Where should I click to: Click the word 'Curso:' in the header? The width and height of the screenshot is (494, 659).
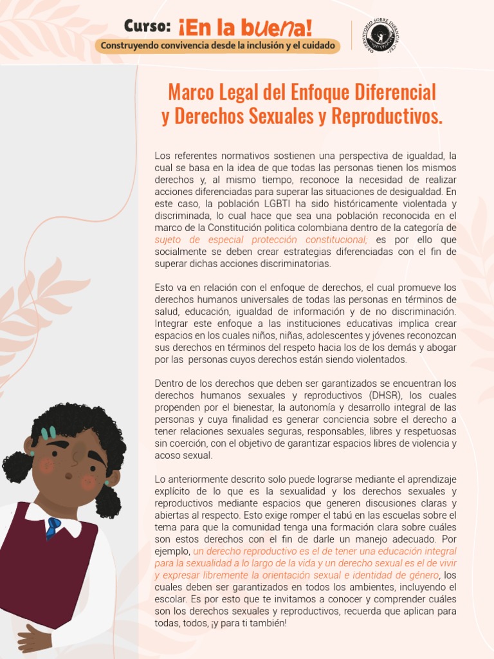coord(147,26)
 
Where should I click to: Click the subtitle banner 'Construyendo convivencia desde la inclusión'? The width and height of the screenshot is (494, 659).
coord(217,46)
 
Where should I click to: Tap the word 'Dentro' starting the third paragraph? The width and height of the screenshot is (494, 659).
coord(169,384)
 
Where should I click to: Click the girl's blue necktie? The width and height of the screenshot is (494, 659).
coord(53,527)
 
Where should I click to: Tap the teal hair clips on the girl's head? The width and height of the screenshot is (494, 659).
coord(48,433)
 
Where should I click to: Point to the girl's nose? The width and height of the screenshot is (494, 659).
coord(73,459)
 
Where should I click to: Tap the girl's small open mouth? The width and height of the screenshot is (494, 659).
coord(68,476)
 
